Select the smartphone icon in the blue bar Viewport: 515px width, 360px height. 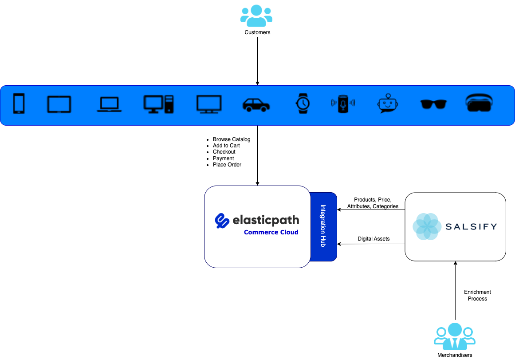click(x=19, y=104)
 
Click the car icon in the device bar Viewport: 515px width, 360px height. click(x=256, y=104)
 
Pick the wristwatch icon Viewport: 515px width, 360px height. click(x=303, y=103)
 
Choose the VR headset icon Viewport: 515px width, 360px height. click(x=479, y=103)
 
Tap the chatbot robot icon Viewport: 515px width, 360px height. click(x=388, y=103)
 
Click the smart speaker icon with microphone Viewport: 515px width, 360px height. click(x=343, y=104)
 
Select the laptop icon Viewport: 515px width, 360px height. click(x=109, y=104)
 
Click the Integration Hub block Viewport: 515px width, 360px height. click(x=323, y=226)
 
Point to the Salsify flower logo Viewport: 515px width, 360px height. click(x=426, y=226)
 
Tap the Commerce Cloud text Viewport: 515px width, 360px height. click(x=271, y=232)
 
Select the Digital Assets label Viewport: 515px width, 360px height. click(x=373, y=239)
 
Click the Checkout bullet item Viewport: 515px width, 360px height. click(x=224, y=152)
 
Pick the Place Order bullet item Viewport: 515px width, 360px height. click(x=227, y=165)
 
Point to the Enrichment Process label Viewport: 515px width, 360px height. click(x=477, y=295)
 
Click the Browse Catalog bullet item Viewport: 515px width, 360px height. click(x=232, y=139)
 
